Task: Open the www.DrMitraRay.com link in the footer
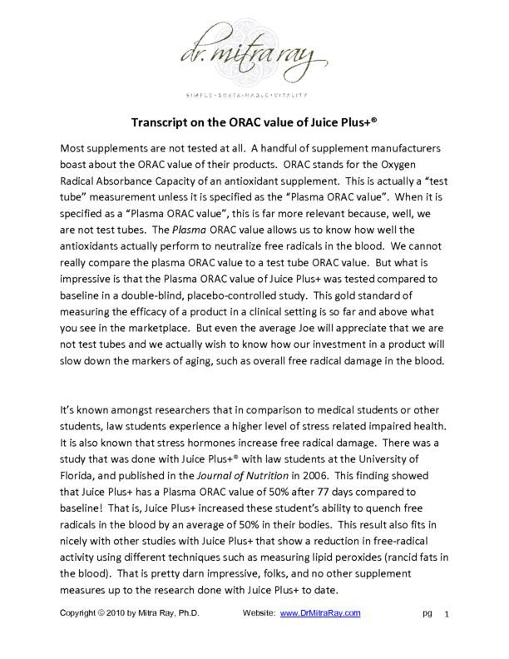click(319, 613)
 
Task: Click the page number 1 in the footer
click(447, 614)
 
